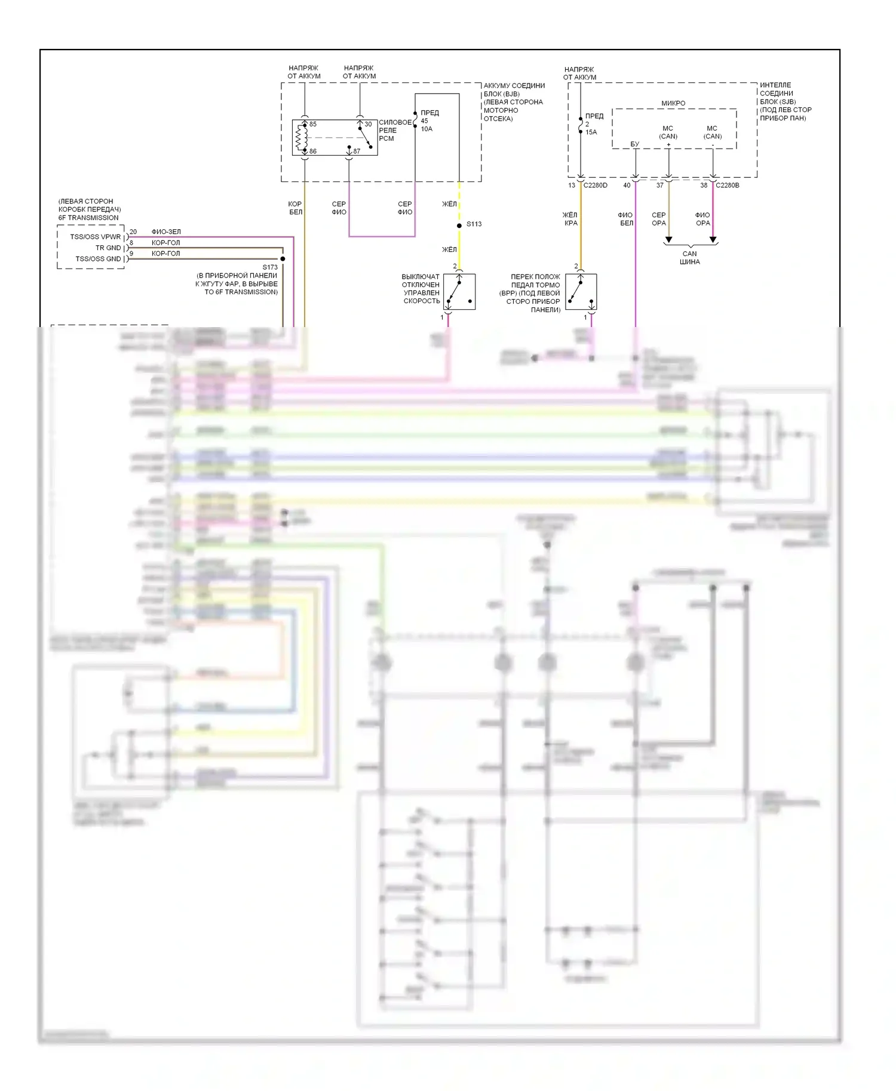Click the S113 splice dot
tap(459, 226)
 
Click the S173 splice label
tap(270, 267)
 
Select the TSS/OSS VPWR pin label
tap(96, 237)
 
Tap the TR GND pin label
tap(108, 248)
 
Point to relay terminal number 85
tap(313, 124)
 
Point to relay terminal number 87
tap(357, 151)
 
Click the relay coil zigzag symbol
tap(300, 138)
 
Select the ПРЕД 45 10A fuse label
tap(428, 121)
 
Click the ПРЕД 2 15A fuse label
tap(593, 124)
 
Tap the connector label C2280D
tap(595, 186)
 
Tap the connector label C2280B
tap(727, 186)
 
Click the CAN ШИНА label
tap(689, 258)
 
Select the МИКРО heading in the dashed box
tap(673, 103)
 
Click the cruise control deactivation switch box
tap(459, 292)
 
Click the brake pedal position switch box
tap(581, 292)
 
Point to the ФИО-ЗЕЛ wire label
tap(166, 232)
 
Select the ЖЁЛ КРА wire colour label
tap(570, 219)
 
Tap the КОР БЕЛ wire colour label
tap(295, 208)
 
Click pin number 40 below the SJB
tap(627, 186)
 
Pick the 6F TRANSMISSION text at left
tap(88, 218)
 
